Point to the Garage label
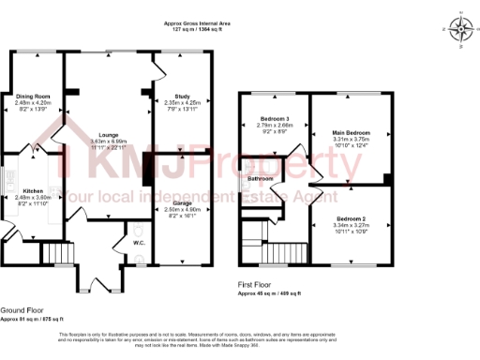pyautogui.click(x=182, y=202)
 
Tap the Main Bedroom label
pyautogui.click(x=351, y=133)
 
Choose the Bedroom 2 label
pyautogui.click(x=352, y=217)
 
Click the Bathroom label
pyautogui.click(x=261, y=177)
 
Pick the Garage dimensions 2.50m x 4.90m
pyautogui.click(x=182, y=209)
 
